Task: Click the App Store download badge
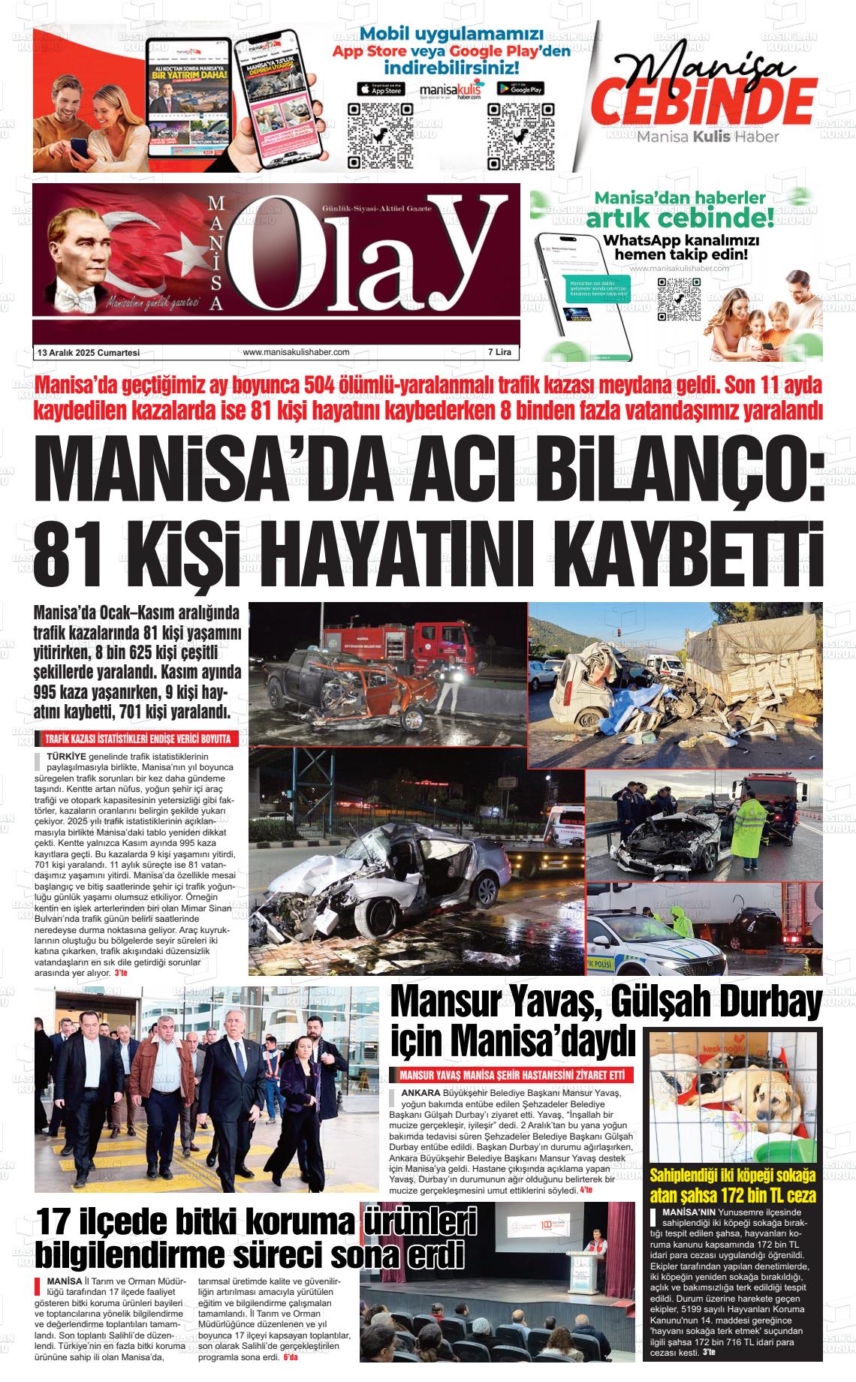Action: [381, 89]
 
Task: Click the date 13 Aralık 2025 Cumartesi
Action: [89, 352]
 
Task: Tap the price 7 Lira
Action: [499, 352]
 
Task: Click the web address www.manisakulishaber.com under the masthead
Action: [297, 352]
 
